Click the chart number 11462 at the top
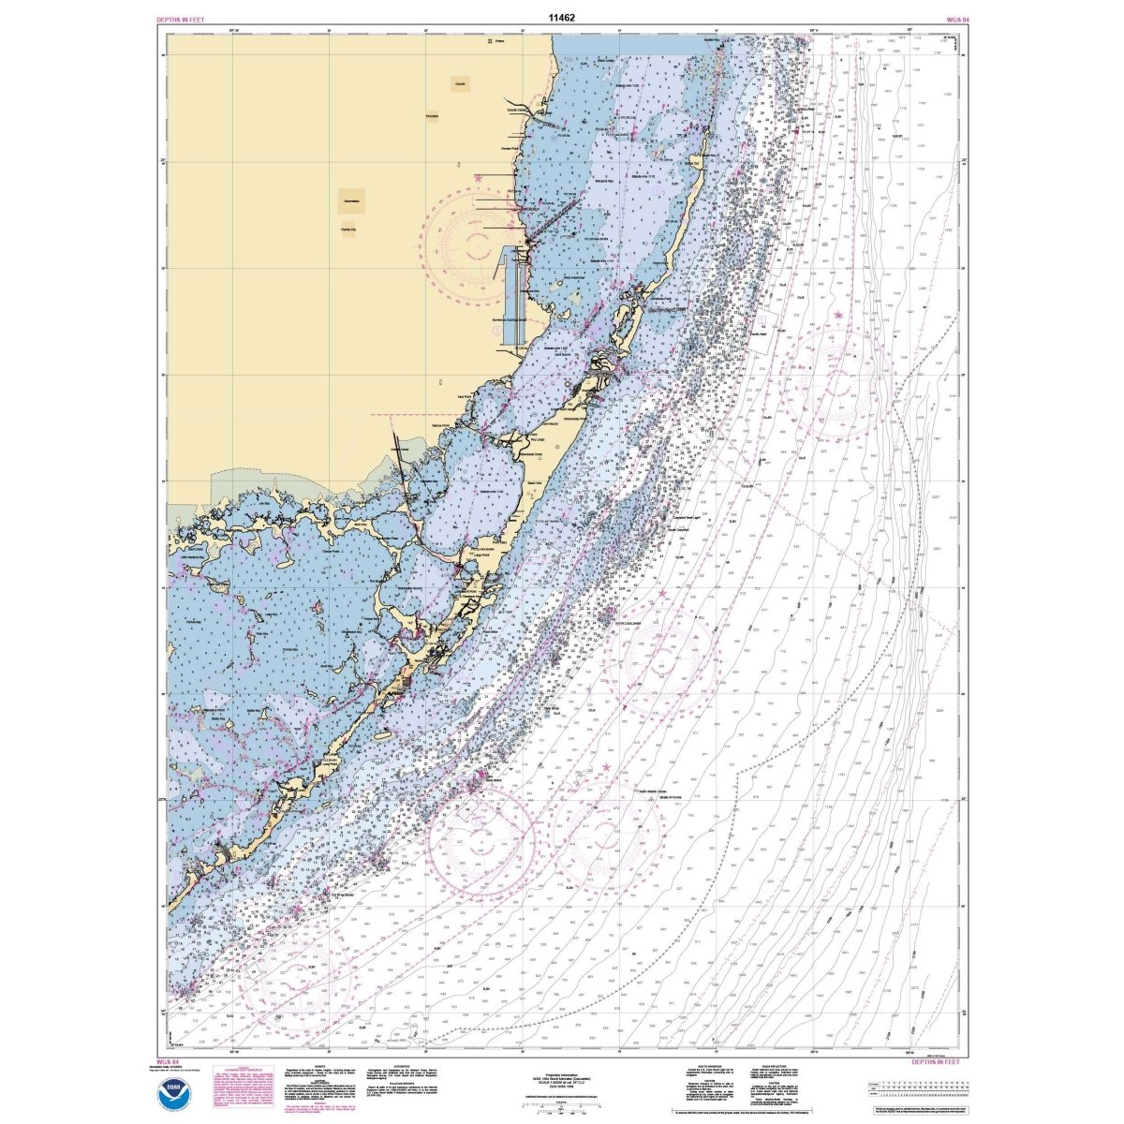point(562,16)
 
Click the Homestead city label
point(353,200)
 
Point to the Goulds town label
point(460,84)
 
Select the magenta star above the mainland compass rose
point(479,177)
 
